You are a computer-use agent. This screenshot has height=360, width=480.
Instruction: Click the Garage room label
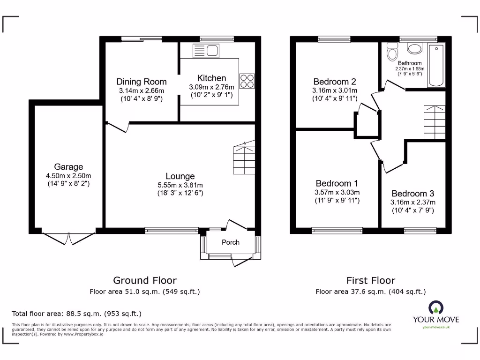(68, 167)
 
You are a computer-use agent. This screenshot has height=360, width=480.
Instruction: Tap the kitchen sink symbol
(206, 50)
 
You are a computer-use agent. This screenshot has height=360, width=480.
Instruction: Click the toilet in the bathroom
(392, 52)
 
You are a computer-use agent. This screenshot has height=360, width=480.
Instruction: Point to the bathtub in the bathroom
(436, 66)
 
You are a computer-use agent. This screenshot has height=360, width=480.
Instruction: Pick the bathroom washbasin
(414, 48)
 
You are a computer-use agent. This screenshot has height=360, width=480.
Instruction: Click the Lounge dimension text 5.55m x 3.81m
(180, 185)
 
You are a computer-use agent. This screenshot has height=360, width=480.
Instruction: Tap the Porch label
(230, 242)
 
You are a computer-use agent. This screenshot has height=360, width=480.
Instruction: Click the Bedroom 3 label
(412, 194)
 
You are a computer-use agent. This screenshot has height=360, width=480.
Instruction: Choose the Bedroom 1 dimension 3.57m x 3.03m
(337, 192)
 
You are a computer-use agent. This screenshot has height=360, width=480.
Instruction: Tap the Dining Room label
(141, 82)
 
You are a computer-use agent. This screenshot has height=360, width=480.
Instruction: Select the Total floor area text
(76, 314)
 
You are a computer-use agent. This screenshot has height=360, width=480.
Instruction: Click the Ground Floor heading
(145, 280)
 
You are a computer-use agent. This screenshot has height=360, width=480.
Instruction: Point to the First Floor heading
(370, 280)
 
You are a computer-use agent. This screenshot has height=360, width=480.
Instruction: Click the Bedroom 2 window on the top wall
(335, 39)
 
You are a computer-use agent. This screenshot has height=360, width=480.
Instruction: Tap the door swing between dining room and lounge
(118, 127)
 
